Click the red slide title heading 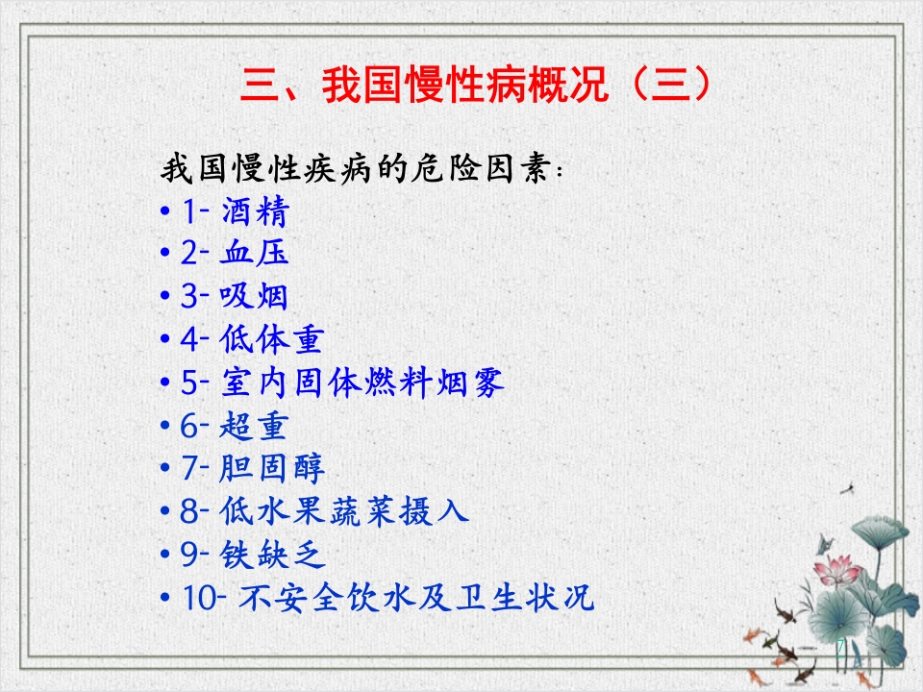point(476,86)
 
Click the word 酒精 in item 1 point(254,210)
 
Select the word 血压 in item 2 point(254,254)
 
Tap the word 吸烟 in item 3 point(254,297)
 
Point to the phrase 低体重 point(271,340)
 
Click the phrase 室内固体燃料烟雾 point(362,383)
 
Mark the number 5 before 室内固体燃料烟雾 point(188,383)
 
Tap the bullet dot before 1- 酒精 point(166,210)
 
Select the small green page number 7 point(841,644)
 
